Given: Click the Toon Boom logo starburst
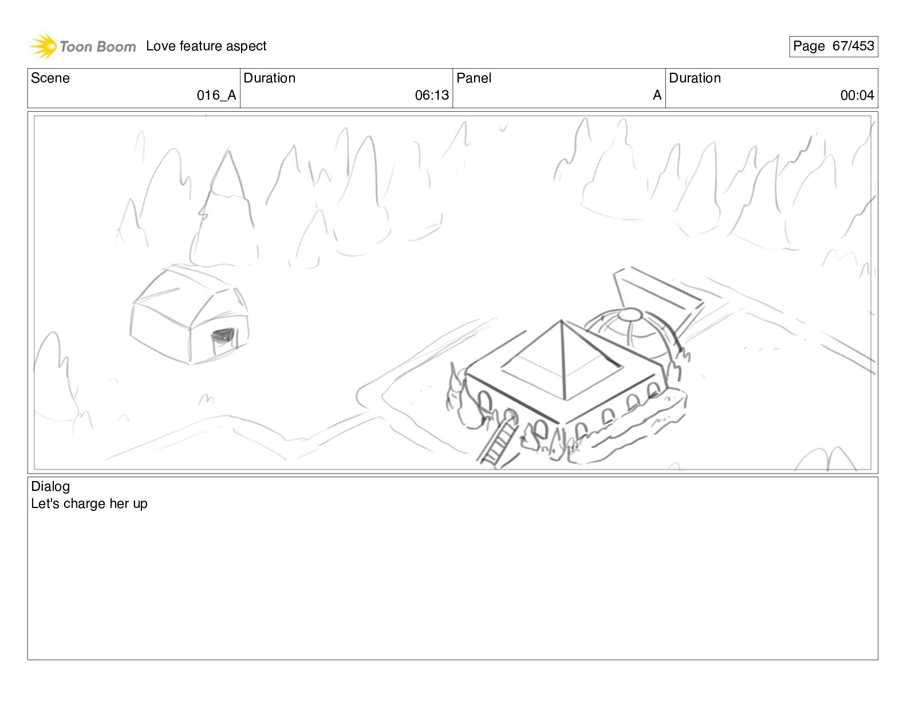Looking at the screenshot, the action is [43, 46].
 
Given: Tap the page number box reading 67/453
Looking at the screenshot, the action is [833, 46].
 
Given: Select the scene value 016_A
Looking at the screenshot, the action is [216, 96].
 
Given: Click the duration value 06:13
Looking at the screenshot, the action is [432, 96].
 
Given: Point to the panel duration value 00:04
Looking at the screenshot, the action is [857, 96].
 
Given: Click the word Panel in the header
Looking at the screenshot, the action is [474, 78].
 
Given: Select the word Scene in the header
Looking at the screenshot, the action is [50, 78].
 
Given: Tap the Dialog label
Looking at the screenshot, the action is [50, 486].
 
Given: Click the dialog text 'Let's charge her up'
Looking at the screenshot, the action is [89, 504].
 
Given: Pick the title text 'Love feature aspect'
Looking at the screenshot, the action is [206, 46].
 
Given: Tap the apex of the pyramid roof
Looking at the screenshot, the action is [561, 321].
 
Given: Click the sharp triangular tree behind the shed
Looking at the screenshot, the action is [228, 209].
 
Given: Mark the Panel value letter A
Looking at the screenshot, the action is [657, 96].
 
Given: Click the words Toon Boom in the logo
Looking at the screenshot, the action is [98, 46].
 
